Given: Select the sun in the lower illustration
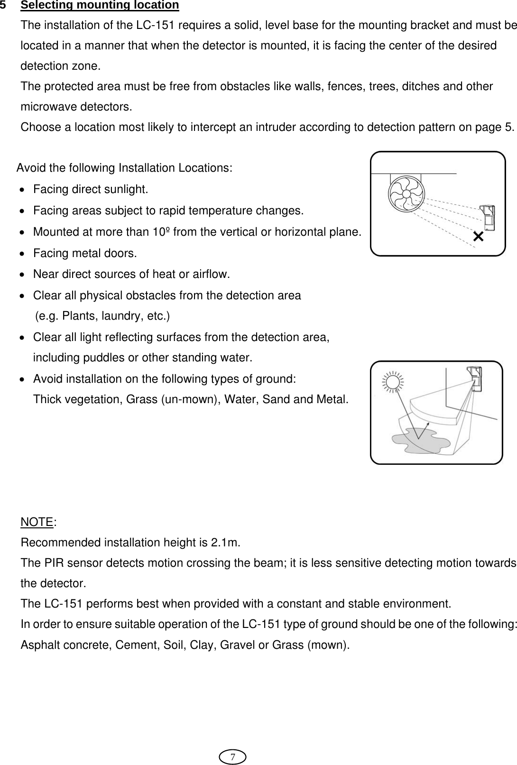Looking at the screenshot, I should point(393,381).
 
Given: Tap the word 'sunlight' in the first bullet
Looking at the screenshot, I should point(128,190).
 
